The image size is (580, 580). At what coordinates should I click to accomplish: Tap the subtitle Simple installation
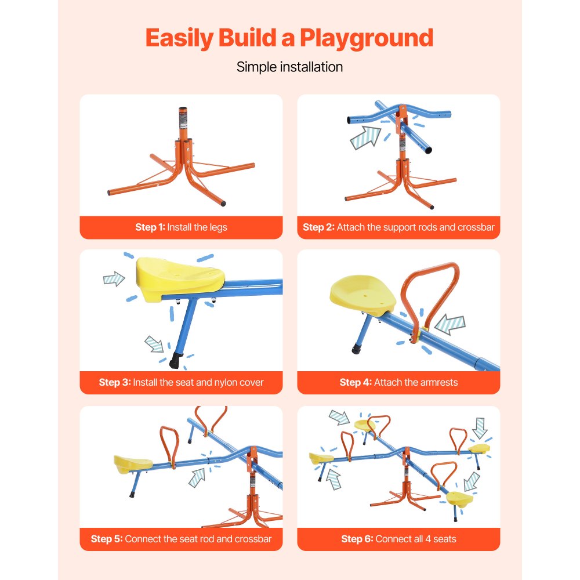click(289, 67)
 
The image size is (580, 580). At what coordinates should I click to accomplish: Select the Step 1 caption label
click(181, 227)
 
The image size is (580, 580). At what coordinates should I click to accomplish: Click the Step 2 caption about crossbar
click(398, 227)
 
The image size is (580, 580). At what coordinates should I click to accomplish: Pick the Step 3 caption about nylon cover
click(181, 383)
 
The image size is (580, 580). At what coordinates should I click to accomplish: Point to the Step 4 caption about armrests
click(398, 383)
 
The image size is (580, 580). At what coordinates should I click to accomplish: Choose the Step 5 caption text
click(181, 539)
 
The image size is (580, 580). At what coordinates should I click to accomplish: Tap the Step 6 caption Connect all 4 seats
click(398, 539)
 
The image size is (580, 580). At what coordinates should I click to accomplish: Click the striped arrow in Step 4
click(450, 325)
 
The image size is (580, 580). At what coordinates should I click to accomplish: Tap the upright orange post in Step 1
click(183, 124)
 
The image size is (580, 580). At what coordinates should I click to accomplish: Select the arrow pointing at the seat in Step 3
click(114, 279)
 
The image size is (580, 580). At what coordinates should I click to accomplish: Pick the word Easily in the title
click(179, 38)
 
